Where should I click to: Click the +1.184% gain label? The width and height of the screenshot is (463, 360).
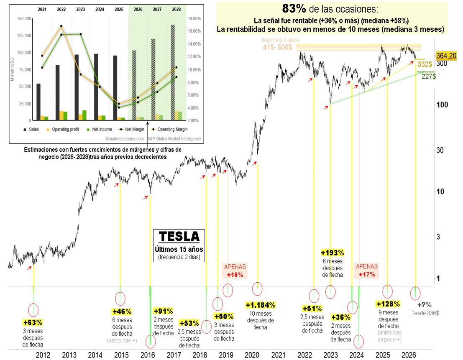[260, 305]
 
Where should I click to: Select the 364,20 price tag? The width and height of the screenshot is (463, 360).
[446, 55]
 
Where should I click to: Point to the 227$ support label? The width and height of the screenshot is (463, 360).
[428, 76]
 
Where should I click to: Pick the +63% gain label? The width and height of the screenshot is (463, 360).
[33, 322]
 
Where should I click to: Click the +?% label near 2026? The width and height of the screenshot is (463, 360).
[424, 305]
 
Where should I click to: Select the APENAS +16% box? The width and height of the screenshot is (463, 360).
[235, 271]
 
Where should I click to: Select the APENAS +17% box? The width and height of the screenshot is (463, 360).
[366, 271]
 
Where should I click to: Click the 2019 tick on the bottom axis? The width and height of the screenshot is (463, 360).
[226, 355]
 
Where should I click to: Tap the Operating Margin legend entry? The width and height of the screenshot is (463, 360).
[170, 130]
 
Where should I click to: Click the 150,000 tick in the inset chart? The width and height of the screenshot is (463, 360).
[23, 18]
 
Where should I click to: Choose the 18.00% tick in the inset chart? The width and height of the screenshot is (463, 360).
[195, 18]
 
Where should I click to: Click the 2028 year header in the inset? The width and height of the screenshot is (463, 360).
[176, 9]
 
